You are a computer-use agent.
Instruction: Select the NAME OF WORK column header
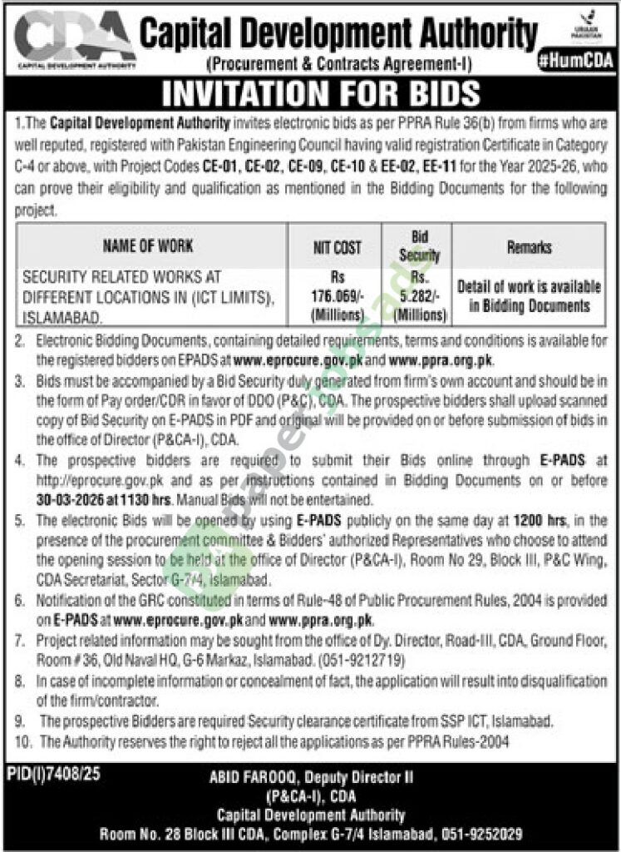coord(148,246)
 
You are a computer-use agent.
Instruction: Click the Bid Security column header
coord(420,246)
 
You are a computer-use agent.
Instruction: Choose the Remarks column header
coord(529,247)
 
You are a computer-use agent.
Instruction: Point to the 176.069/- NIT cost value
coord(338,295)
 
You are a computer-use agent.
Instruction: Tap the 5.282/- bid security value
coord(420,294)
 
